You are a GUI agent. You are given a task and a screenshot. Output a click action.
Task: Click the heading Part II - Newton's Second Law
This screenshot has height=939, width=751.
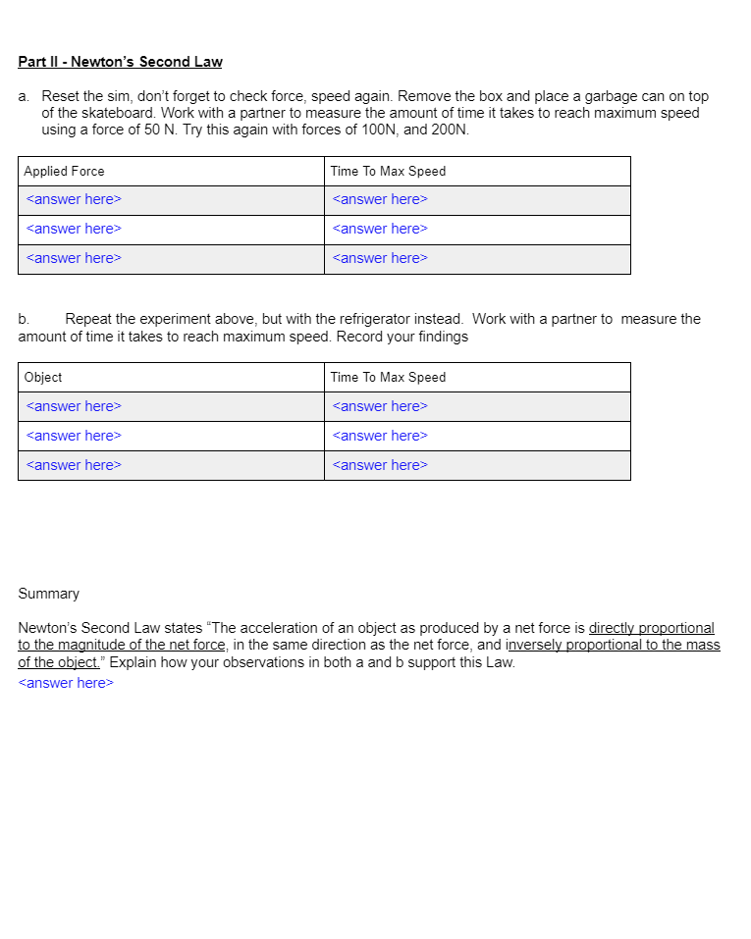[120, 62]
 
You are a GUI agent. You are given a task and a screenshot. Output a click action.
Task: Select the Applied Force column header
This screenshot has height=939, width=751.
[64, 171]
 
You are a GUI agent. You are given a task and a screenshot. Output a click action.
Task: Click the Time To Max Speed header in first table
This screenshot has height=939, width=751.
[388, 171]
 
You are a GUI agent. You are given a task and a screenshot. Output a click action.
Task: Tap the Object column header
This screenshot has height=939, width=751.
[43, 377]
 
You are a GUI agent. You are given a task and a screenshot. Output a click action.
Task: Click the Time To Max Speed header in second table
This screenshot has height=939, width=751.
[388, 377]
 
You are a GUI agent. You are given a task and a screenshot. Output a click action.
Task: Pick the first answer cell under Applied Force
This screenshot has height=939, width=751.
[74, 199]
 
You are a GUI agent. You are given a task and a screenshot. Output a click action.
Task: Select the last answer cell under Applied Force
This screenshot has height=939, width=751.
[74, 258]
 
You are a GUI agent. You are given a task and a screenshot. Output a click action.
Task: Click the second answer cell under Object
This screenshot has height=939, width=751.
[74, 436]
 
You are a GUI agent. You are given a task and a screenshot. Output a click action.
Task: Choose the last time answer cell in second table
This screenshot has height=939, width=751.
[380, 465]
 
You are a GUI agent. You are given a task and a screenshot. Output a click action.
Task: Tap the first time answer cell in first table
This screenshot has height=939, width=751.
[380, 199]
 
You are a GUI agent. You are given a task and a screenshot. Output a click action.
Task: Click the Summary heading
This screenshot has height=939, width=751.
[48, 594]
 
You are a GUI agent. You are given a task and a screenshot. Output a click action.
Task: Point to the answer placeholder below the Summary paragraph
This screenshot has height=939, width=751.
[66, 683]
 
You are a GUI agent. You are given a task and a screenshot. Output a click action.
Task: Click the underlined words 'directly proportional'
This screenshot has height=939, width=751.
[651, 628]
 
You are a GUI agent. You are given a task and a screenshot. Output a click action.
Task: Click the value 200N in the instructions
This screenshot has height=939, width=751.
[450, 130]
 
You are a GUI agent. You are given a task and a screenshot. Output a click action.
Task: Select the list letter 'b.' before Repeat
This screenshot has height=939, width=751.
[24, 319]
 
